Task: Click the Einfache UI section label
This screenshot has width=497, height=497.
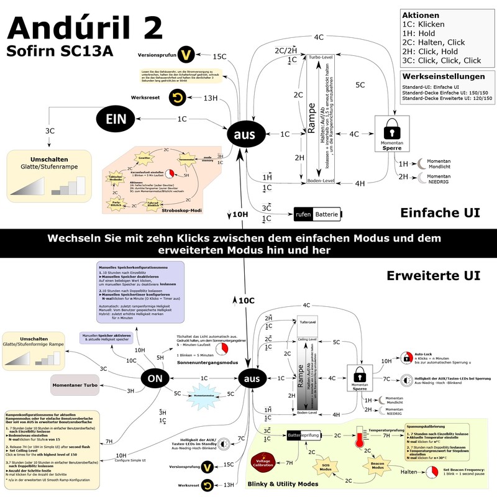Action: click(x=440, y=212)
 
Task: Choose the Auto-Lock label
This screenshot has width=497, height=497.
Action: click(x=424, y=353)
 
